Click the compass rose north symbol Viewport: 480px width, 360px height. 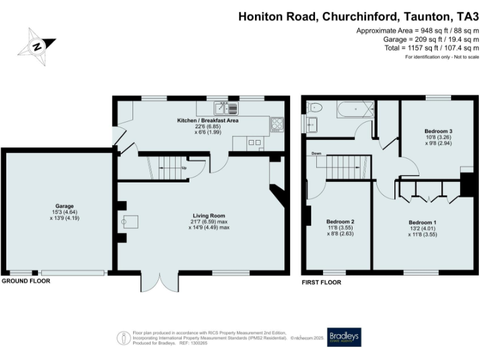[38, 46]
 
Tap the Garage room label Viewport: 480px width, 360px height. [64, 206]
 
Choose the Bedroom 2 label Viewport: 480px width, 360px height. [341, 222]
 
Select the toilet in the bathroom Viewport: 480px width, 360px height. [314, 107]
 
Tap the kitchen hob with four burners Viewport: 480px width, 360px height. [277, 124]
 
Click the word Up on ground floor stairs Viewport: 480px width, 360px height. [184, 168]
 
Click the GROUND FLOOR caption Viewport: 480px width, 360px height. [26, 281]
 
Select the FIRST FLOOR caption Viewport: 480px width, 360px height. [321, 282]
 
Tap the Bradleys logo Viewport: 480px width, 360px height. [344, 337]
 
